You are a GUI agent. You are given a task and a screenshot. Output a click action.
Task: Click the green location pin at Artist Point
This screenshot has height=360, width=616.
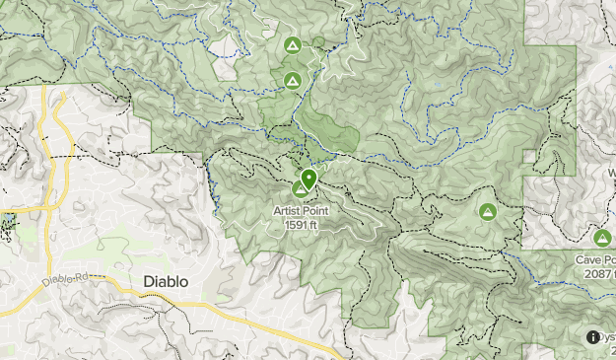[x=308, y=179]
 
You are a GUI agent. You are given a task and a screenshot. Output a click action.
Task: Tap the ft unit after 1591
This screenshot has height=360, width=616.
[x=313, y=225]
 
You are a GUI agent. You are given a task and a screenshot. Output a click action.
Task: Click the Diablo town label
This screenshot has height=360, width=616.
[x=166, y=281]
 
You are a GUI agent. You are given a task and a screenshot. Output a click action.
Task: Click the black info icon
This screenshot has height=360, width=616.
[x=593, y=337]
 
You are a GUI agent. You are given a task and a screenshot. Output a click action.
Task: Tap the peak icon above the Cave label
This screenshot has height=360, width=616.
[x=602, y=237]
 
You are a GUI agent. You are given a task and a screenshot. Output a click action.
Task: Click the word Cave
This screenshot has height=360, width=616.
[x=589, y=259]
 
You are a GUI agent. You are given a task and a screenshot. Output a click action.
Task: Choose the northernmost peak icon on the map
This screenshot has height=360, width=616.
[x=292, y=45]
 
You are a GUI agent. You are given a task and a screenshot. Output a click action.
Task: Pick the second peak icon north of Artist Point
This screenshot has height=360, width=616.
[x=292, y=81]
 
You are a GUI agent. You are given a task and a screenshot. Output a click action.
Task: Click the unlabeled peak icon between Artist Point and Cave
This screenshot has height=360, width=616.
[x=487, y=211]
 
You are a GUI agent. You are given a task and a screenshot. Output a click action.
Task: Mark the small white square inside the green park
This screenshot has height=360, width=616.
[x=529, y=156]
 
